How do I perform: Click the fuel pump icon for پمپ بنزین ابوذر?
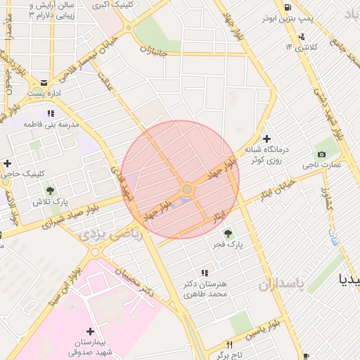coord(288,8)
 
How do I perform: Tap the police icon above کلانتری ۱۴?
coord(302,37)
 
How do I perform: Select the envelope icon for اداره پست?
coord(44,82)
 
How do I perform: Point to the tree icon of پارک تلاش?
coord(50,190)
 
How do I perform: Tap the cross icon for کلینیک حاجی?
coord(7,163)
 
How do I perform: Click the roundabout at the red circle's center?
coord(187,189)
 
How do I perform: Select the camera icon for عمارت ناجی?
coord(321,154)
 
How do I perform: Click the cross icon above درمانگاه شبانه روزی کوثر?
coord(266,139)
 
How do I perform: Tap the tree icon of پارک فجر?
coord(226,233)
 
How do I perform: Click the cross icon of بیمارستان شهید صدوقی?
coord(90,330)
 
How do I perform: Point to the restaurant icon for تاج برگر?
coord(229,345)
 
